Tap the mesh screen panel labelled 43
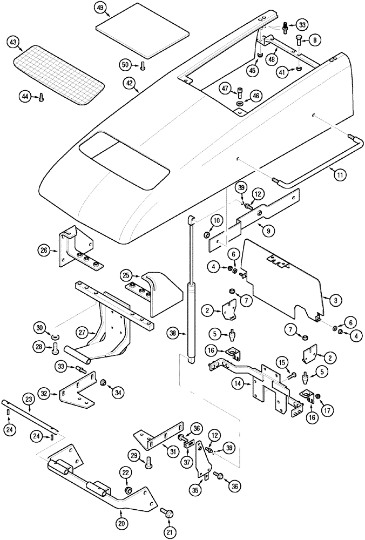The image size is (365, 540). point(59,73)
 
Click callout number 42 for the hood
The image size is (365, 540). point(130,84)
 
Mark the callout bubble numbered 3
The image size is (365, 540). point(335,299)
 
